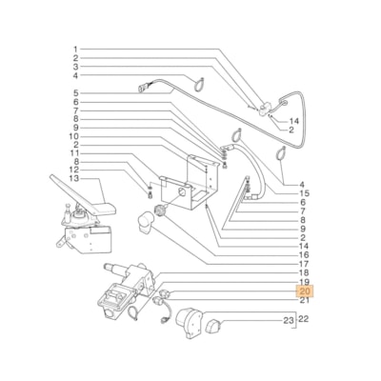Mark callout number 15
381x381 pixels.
point(303,192)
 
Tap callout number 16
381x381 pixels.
point(303,254)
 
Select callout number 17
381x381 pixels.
point(303,264)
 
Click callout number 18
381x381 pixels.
point(303,273)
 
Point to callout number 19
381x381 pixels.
point(303,283)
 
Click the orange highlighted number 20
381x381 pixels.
point(304,291)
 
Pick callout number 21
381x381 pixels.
point(303,301)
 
